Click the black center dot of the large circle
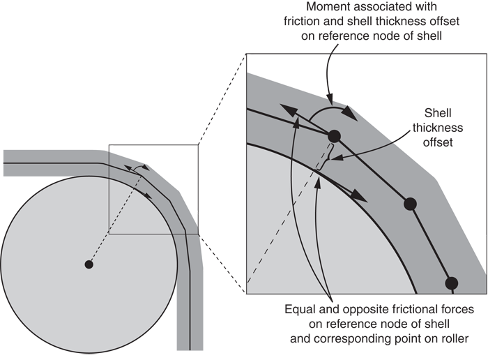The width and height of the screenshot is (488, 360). [x=89, y=264]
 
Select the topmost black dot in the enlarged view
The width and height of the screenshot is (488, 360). [x=334, y=136]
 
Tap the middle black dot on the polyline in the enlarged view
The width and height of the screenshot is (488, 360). [x=410, y=204]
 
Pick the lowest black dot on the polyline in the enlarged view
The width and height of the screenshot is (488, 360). [x=451, y=283]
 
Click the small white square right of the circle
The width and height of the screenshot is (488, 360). [x=212, y=229]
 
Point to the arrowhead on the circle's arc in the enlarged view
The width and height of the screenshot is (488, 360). [x=360, y=196]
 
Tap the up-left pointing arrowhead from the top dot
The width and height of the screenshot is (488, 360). [x=287, y=109]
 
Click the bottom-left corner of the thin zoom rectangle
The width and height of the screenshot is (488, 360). [x=108, y=234]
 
